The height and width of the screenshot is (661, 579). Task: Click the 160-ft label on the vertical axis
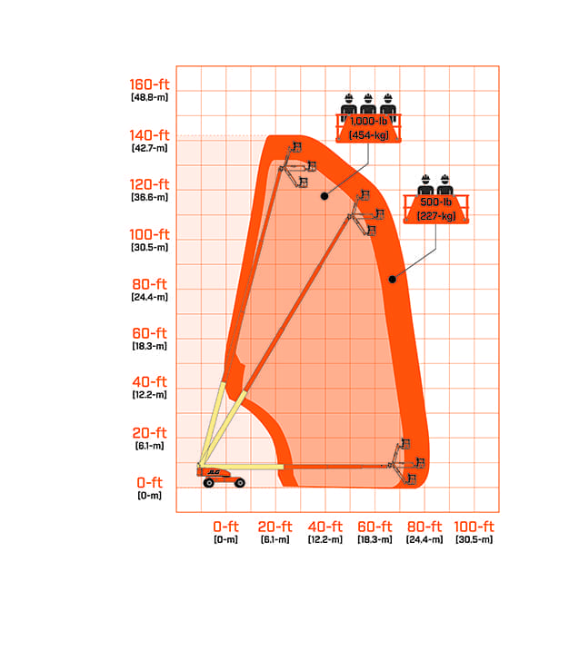149,84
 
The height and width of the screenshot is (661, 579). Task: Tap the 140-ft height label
149,135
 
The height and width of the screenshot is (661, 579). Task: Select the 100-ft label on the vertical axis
149,234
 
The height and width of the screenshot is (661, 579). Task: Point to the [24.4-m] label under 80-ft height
149,297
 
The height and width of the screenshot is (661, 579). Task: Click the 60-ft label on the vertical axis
149,333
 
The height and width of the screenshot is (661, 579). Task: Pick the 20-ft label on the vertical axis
149,433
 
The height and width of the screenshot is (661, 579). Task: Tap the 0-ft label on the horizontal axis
225,527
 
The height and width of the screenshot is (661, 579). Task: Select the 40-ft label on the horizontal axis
325,527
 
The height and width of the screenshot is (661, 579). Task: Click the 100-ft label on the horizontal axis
474,527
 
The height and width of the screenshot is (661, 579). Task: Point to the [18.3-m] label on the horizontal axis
374,539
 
